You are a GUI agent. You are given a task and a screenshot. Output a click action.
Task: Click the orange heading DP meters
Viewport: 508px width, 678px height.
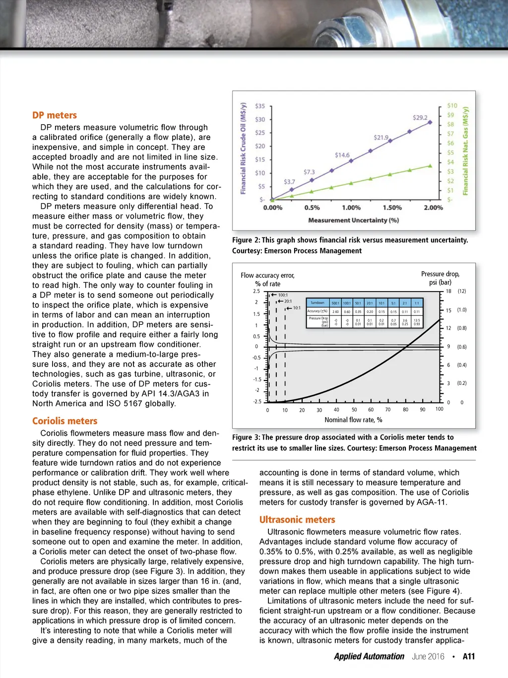coord(55,115)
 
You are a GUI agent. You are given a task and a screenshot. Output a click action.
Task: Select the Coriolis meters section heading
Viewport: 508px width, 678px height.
coord(64,421)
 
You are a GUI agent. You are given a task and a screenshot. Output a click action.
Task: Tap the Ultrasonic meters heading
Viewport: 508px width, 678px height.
coord(297,520)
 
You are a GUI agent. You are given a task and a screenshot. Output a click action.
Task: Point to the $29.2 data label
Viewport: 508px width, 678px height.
coord(420,118)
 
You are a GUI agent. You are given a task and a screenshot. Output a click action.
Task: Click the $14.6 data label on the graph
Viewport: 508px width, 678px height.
coord(342,155)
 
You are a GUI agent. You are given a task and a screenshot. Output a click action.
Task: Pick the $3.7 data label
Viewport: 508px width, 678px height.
coord(289,182)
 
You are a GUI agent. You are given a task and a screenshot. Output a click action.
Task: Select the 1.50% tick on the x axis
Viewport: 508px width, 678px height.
coord(392,208)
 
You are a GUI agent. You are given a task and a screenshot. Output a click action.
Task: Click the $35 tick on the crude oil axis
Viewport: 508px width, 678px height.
coord(260,106)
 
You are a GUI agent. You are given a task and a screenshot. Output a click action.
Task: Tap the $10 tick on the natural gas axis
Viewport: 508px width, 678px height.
coord(452,106)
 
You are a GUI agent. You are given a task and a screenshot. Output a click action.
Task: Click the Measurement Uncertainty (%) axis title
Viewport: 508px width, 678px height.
coord(353,220)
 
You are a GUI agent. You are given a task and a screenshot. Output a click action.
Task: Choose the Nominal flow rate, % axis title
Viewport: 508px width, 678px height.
coord(353,420)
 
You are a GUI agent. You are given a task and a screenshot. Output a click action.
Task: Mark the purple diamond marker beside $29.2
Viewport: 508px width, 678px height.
coord(431,122)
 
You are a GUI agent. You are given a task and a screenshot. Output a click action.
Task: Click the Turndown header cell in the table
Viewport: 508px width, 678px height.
coord(317,302)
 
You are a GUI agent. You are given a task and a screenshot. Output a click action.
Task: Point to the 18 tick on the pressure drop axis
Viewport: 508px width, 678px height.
coord(448,291)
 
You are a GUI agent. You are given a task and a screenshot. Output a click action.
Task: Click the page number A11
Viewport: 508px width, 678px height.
coord(469,656)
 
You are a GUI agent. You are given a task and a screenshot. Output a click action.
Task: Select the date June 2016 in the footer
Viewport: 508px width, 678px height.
coord(428,656)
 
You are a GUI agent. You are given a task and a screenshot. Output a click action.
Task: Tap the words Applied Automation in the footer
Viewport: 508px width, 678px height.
coord(369,656)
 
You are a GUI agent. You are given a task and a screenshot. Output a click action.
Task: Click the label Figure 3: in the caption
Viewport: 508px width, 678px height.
coord(246,437)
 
